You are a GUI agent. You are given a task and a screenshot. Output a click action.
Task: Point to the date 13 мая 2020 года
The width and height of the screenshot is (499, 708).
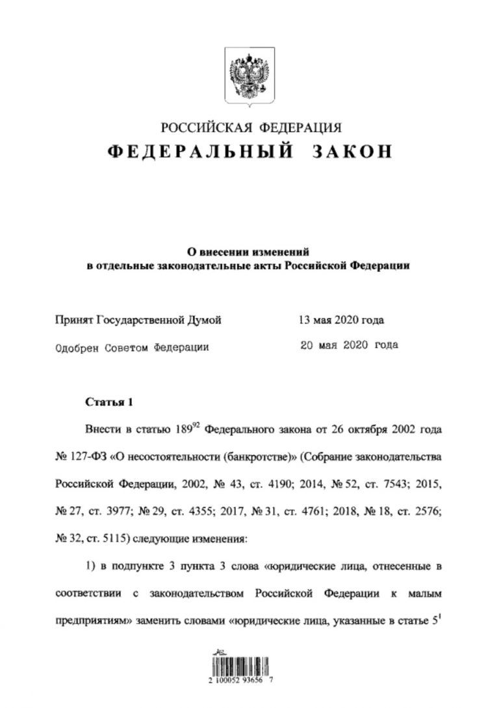pos(340,320)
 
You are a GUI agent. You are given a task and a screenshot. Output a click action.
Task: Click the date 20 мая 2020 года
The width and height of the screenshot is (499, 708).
pos(348,345)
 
